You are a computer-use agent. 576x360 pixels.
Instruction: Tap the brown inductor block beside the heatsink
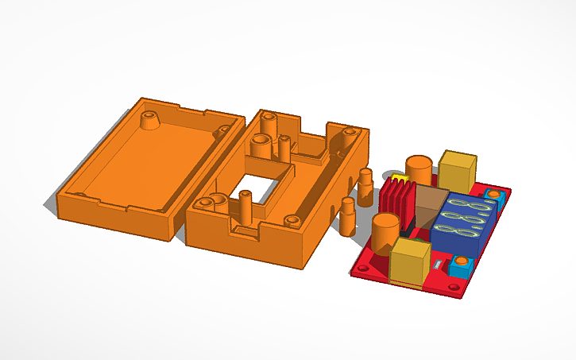pyautogui.click(x=432, y=207)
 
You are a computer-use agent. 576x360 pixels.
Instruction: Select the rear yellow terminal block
pyautogui.click(x=458, y=168)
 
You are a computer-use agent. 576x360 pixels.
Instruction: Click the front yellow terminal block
pyautogui.click(x=411, y=262)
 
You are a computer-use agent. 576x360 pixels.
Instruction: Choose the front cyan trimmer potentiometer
pyautogui.click(x=460, y=267)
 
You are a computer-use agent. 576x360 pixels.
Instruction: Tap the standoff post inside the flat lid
pyautogui.click(x=149, y=121)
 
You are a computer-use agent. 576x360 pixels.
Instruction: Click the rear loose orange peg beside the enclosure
pyautogui.click(x=365, y=182)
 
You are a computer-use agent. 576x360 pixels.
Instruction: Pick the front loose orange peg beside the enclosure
pyautogui.click(x=347, y=216)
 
